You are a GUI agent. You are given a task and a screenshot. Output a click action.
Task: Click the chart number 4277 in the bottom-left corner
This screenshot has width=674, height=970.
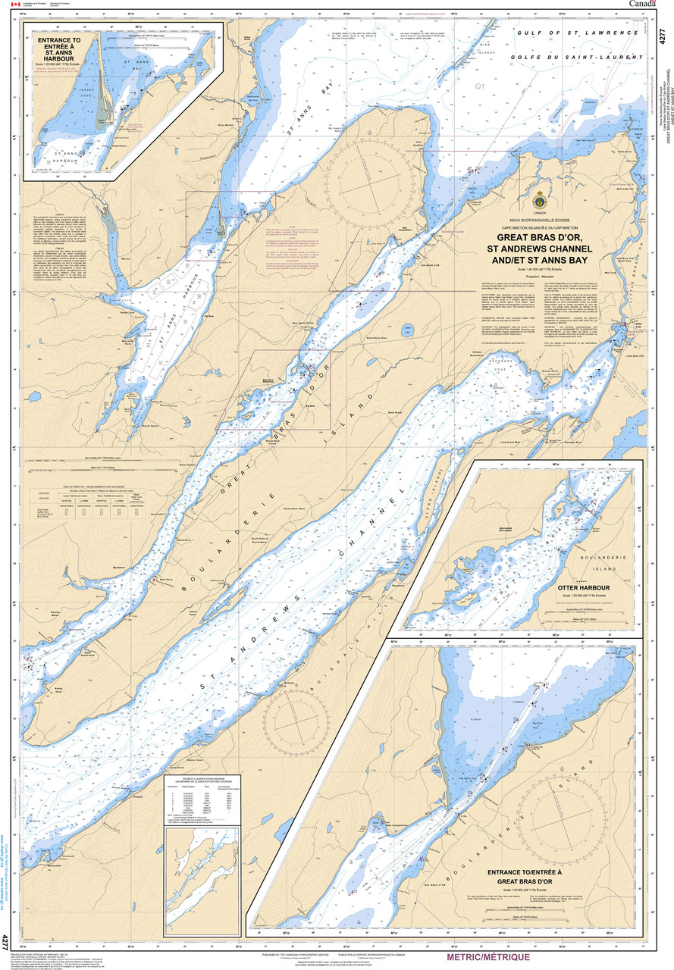tap(5, 943)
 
